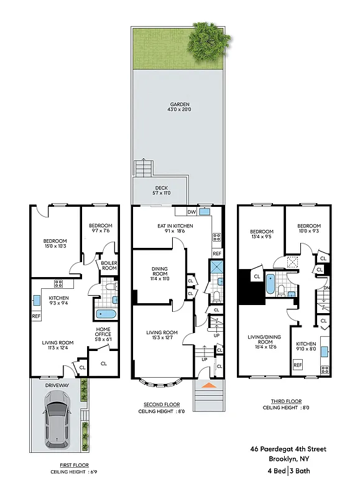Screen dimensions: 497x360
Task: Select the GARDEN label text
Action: [x=178, y=104]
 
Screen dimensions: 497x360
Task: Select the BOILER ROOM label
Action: [x=109, y=265]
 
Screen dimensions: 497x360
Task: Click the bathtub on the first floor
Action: [x=106, y=314]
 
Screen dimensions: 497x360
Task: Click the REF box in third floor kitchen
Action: [x=297, y=365]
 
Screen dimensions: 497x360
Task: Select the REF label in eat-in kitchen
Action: [x=217, y=253]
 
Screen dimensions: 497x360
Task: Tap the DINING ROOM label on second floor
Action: [x=160, y=271]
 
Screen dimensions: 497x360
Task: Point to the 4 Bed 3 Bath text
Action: [x=288, y=470]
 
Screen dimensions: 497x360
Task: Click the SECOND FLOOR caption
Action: [x=162, y=404]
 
